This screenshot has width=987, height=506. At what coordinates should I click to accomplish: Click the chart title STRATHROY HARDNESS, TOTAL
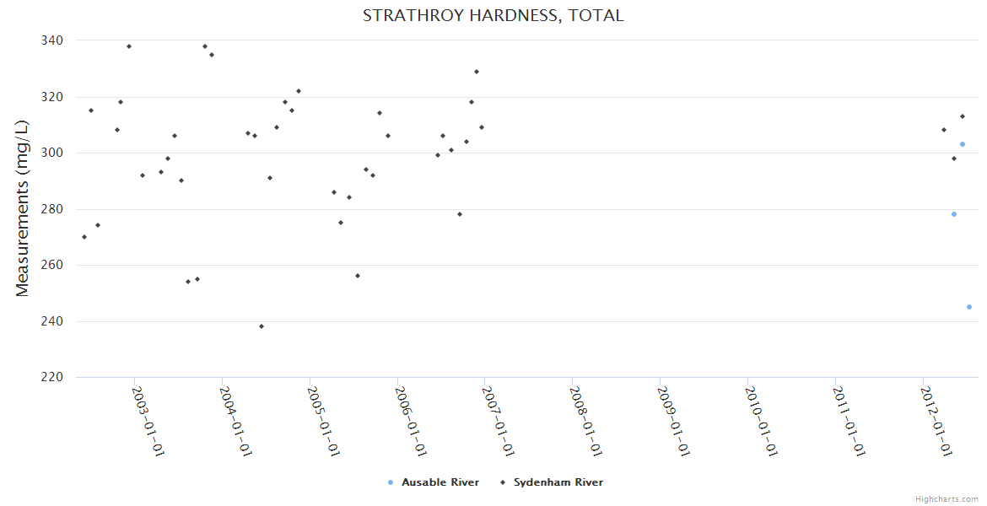coord(493,15)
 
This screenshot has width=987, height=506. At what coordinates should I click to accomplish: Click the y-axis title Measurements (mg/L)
coord(23,208)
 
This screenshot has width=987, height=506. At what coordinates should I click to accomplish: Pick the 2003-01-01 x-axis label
coord(148,421)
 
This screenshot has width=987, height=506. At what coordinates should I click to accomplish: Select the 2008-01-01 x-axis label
coord(585,421)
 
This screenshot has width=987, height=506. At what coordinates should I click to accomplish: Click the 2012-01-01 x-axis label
coord(936,421)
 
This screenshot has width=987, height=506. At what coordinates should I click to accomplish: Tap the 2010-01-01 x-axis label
coord(760,421)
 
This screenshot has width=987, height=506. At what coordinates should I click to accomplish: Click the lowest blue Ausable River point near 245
coord(969,307)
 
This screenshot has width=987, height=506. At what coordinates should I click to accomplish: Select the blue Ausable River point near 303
coord(963,144)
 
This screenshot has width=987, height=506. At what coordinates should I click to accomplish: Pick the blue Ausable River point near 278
coord(954,214)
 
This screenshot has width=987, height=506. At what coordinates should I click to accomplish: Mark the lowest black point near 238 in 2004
coord(262,326)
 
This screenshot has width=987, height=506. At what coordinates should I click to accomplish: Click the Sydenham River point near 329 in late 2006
coord(477,72)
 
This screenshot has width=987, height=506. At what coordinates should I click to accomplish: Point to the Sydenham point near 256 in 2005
coord(358,276)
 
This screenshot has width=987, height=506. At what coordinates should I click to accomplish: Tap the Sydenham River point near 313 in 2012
coord(963,116)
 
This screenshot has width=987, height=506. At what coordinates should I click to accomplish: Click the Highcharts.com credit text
coord(947,498)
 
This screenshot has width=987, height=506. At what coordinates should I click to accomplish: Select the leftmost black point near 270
coord(84,237)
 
